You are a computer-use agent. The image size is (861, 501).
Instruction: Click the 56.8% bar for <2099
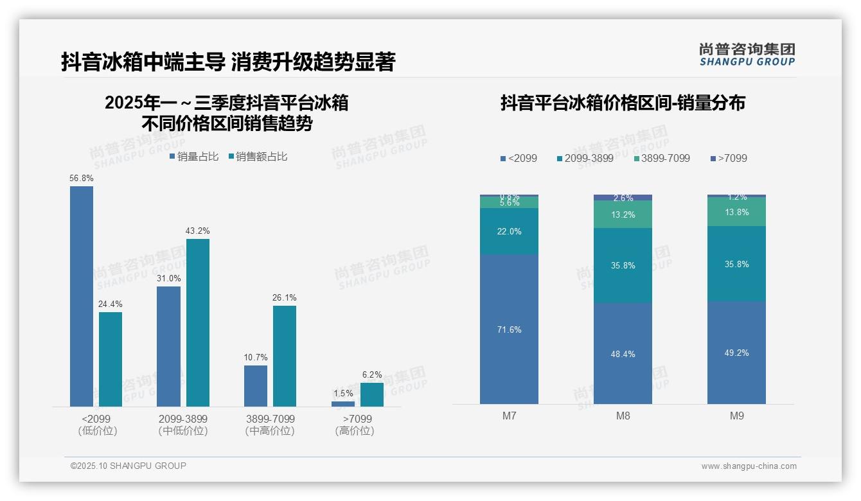pyautogui.click(x=82, y=296)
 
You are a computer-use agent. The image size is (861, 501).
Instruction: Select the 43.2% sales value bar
pyautogui.click(x=198, y=322)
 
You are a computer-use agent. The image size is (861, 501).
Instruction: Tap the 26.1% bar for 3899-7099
pyautogui.click(x=285, y=356)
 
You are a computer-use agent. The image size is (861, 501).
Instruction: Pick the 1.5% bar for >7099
pyautogui.click(x=343, y=404)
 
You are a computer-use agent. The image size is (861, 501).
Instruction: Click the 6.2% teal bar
pyautogui.click(x=371, y=394)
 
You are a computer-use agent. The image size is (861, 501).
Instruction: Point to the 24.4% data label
pyautogui.click(x=111, y=304)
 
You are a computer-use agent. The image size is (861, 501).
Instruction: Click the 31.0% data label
pyautogui.click(x=168, y=279)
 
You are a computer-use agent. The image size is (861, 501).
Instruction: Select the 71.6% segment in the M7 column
pyautogui.click(x=509, y=329)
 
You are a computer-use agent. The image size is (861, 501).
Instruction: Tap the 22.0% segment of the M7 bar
pyautogui.click(x=509, y=231)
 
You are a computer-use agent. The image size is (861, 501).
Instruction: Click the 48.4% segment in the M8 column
pyautogui.click(x=623, y=353)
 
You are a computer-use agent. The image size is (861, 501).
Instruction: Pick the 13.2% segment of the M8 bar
pyautogui.click(x=623, y=215)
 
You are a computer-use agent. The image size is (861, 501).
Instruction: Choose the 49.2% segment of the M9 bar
pyautogui.click(x=736, y=352)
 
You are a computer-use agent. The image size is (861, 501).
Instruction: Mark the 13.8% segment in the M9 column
pyautogui.click(x=736, y=212)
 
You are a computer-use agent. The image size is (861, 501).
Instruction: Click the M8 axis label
pyautogui.click(x=623, y=416)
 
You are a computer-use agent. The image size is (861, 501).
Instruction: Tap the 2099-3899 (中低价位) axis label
pyautogui.click(x=183, y=425)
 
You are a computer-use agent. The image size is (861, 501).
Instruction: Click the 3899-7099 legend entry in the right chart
pyautogui.click(x=662, y=158)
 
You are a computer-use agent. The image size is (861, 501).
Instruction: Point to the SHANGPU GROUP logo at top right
pyautogui.click(x=747, y=55)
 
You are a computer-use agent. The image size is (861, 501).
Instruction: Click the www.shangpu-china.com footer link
pyautogui.click(x=749, y=466)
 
